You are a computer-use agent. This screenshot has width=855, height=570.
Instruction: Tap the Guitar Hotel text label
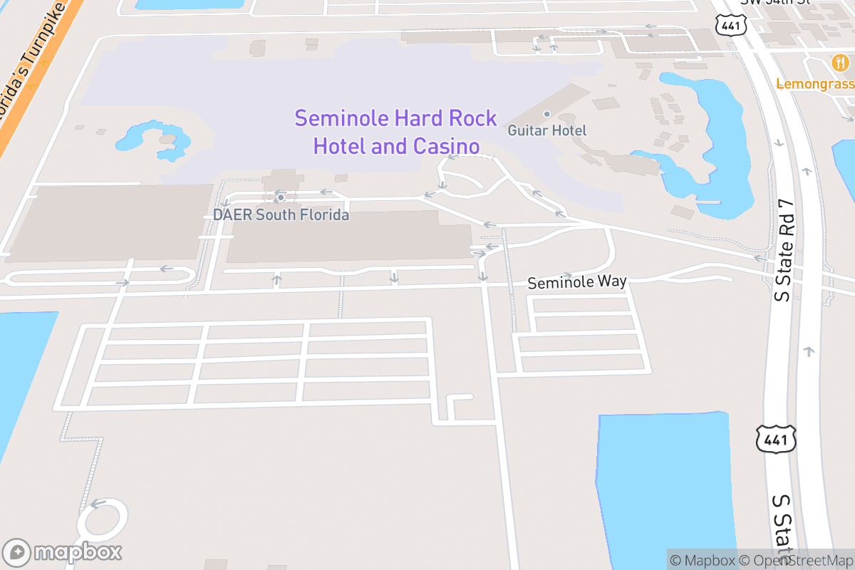pyautogui.click(x=546, y=130)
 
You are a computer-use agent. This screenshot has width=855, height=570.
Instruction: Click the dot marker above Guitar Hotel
pyautogui.click(x=547, y=114)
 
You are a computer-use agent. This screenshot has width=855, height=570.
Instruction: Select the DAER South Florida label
pyautogui.click(x=281, y=214)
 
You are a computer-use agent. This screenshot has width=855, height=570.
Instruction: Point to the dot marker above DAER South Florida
pyautogui.click(x=281, y=197)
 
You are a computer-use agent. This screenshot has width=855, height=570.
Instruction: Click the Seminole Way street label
pyautogui.click(x=576, y=282)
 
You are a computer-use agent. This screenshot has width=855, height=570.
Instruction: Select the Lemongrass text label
pyautogui.click(x=814, y=83)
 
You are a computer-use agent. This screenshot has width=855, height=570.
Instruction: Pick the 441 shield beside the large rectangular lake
pyautogui.click(x=775, y=440)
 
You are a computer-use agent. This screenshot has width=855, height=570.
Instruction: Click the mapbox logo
pyautogui.click(x=63, y=552)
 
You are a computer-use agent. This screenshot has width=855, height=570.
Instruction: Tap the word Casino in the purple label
pyautogui.click(x=445, y=147)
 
